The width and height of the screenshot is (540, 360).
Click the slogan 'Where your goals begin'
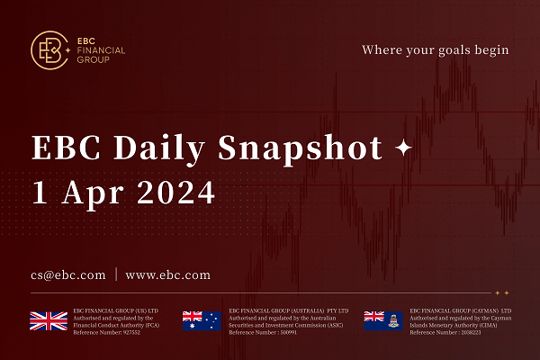[435, 49]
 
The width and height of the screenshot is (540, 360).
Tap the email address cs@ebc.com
[67, 274]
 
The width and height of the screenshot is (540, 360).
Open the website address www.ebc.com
[167, 274]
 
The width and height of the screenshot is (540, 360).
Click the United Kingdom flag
[49, 319]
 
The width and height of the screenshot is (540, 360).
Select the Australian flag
[202, 319]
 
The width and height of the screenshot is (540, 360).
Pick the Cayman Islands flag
[381, 319]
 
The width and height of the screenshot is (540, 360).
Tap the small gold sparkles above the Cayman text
[501, 292]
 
